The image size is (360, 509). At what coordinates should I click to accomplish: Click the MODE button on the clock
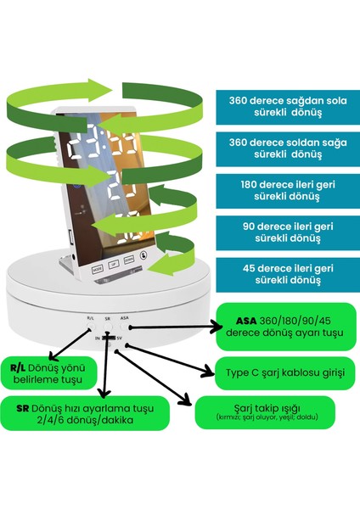(97, 269)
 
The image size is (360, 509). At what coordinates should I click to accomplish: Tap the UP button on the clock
(113, 266)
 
